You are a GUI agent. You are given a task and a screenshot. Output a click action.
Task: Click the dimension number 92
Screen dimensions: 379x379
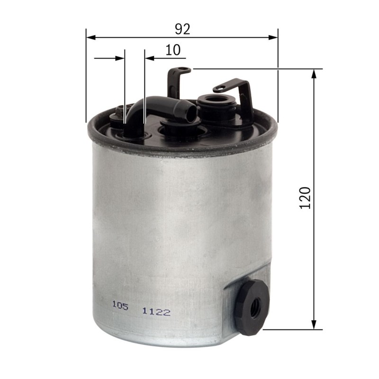click(x=182, y=29)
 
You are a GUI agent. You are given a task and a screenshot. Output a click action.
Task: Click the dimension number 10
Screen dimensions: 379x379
click(x=173, y=50)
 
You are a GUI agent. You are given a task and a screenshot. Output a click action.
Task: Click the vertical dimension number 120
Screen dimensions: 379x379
click(x=305, y=198)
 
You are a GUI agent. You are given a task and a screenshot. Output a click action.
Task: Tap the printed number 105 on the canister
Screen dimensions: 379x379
click(x=120, y=306)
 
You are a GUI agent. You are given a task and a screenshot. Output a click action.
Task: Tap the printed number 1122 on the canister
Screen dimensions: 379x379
click(x=156, y=312)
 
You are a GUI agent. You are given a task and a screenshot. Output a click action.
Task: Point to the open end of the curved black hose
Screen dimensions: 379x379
click(x=191, y=114)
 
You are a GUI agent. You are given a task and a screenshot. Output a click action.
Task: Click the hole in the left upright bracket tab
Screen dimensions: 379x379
click(x=186, y=70)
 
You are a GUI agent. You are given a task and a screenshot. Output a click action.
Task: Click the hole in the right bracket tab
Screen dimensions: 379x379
click(x=219, y=89)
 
